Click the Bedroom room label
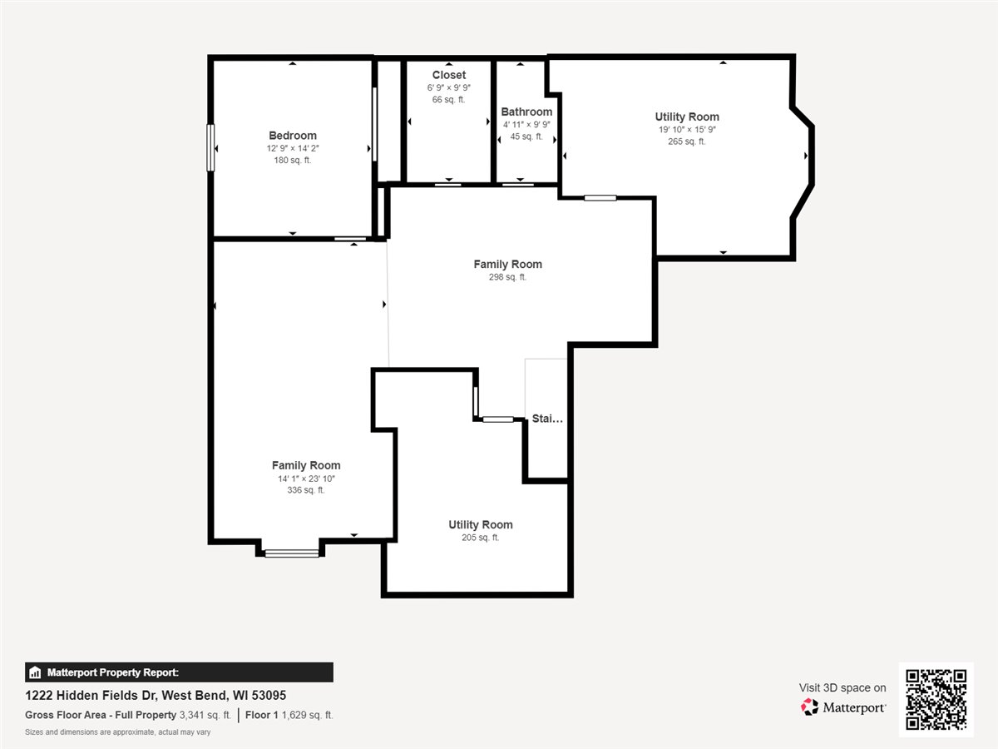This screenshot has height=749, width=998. click(x=293, y=136)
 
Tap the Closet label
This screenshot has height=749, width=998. click(x=449, y=75)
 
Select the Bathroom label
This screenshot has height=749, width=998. click(x=526, y=112)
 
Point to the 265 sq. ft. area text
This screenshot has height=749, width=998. click(x=687, y=141)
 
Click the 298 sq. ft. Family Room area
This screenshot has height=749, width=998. click(x=507, y=277)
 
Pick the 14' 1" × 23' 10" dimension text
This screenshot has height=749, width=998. click(x=306, y=479)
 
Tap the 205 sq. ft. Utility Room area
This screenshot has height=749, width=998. click(x=480, y=538)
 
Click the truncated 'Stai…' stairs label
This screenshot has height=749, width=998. click(x=547, y=419)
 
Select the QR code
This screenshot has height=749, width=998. click(x=936, y=699)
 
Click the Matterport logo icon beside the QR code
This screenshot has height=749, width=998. click(x=809, y=707)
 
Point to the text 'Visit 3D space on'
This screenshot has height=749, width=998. click(x=842, y=687)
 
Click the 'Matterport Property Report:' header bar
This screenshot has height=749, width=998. click(x=179, y=672)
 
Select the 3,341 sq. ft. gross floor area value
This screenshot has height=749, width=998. click(x=205, y=715)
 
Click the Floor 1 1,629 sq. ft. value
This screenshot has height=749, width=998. click(x=289, y=715)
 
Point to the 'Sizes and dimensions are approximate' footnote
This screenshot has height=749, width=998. click(x=118, y=732)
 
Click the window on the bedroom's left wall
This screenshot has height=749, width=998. click(x=210, y=148)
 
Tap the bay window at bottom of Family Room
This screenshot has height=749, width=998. click(x=292, y=553)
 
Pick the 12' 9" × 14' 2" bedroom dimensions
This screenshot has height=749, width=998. click(x=293, y=148)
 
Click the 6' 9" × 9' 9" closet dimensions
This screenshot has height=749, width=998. click(x=449, y=87)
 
